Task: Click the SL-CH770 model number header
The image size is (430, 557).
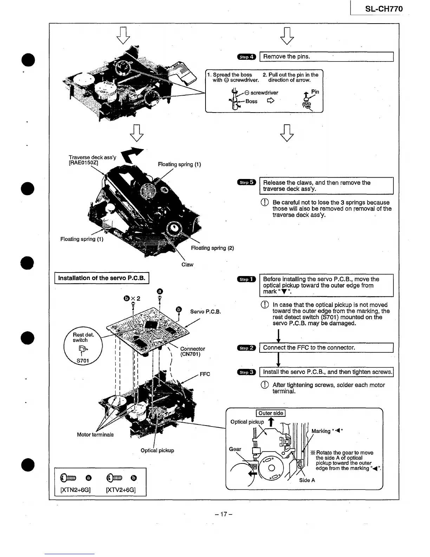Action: [x=384, y=9]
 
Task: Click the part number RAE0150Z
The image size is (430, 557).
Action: [x=84, y=163]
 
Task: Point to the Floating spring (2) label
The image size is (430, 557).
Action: [x=212, y=248]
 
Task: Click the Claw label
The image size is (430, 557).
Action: [x=187, y=264]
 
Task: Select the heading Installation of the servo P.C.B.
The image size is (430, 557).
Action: [x=102, y=278]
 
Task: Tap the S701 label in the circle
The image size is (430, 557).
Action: [x=83, y=360]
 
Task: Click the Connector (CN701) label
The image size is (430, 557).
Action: [x=192, y=351]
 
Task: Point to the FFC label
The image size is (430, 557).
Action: [x=205, y=374]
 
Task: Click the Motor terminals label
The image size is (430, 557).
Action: [x=95, y=435]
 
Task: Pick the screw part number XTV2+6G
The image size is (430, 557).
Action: [x=121, y=490]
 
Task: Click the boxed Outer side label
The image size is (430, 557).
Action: [x=271, y=414]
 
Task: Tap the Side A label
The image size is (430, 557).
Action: [x=307, y=480]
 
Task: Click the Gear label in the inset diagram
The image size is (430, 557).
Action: [x=235, y=449]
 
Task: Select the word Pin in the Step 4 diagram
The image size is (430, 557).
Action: [x=315, y=92]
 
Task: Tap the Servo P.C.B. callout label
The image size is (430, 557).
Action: [x=205, y=312]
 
